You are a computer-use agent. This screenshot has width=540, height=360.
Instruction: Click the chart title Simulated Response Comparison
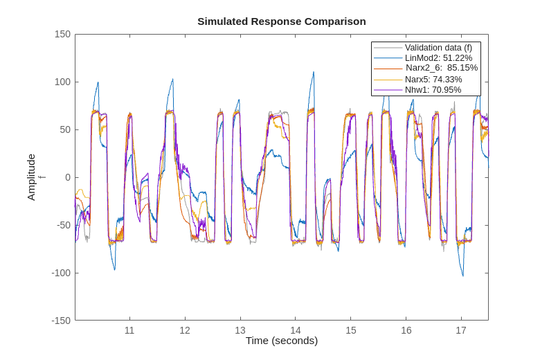point(281,21)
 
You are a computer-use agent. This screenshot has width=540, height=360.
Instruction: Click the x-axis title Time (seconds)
point(281,341)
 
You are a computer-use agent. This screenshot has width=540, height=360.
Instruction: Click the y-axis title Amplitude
point(31,177)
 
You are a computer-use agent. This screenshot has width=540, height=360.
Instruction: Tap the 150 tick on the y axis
point(62,35)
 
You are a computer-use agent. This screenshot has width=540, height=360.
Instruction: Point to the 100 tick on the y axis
point(62,82)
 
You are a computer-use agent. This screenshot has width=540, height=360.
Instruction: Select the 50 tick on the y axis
point(65,129)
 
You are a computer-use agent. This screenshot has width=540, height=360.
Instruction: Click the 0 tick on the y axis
point(67,177)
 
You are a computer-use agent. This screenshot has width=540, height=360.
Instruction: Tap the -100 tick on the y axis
point(61,273)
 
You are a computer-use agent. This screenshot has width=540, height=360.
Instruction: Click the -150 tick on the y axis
point(61,321)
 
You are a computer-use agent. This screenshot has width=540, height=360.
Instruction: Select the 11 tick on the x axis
point(129,330)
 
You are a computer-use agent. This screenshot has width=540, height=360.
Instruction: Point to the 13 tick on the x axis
point(240,330)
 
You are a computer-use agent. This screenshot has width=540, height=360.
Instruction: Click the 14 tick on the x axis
point(296,330)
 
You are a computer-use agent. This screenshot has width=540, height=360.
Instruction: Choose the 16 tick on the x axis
point(406,330)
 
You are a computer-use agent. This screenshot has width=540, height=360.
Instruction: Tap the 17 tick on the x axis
point(461,330)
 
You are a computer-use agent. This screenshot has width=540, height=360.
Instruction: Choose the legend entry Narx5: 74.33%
point(433,79)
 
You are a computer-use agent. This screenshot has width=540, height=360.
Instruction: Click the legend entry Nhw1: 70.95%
point(433,89)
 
